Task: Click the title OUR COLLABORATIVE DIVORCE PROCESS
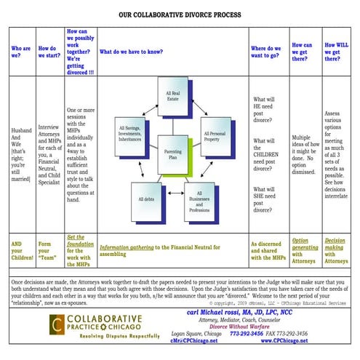[180, 13]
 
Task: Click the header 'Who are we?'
[20, 52]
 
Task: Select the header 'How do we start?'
[47, 52]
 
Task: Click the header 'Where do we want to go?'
[266, 52]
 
